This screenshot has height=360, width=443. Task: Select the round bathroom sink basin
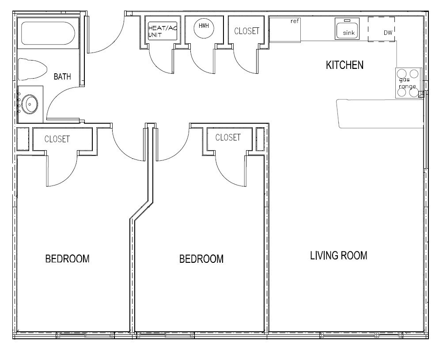click(30, 104)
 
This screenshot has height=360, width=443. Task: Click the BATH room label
click(62, 76)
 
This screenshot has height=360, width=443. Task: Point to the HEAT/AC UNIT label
click(162, 31)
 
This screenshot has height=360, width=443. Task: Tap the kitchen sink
click(347, 28)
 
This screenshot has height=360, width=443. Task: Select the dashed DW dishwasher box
click(381, 29)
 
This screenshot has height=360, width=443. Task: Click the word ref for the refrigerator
click(295, 21)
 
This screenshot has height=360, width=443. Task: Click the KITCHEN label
click(345, 65)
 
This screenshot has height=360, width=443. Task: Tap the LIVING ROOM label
click(339, 255)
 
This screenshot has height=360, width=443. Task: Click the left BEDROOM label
click(67, 259)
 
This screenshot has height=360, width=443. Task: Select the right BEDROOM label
click(201, 259)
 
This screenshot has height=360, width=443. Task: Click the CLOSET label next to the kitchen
click(246, 31)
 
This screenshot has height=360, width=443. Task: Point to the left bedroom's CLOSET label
click(57, 139)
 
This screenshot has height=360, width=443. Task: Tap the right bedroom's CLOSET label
click(228, 137)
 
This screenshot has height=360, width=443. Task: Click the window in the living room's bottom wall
click(361, 335)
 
